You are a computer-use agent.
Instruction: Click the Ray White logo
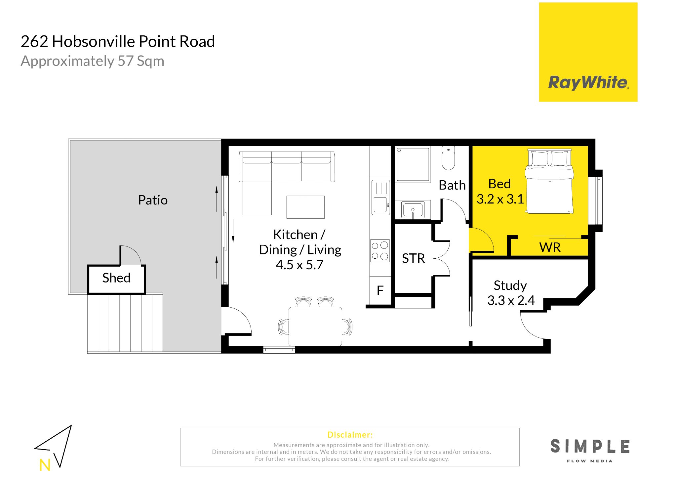tap(588, 52)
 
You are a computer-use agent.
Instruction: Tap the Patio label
tap(153, 200)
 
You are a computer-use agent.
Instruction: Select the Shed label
tap(116, 278)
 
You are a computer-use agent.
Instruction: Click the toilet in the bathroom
tap(448, 158)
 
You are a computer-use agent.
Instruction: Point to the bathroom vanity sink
tap(413, 210)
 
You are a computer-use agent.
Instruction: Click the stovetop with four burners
tap(380, 251)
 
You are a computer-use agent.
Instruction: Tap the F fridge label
tap(380, 290)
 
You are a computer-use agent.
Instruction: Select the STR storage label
tap(413, 258)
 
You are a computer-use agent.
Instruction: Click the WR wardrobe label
tap(550, 247)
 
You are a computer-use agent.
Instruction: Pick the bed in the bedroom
tap(549, 181)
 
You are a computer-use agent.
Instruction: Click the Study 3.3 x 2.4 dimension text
tap(511, 293)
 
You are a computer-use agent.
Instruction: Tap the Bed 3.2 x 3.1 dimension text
tap(500, 192)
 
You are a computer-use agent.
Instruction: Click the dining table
tap(315, 327)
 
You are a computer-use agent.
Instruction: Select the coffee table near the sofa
tap(305, 207)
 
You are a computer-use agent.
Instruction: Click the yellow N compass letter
tap(45, 465)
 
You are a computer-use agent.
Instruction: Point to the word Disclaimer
tap(350, 435)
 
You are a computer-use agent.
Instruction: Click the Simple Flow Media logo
tap(590, 450)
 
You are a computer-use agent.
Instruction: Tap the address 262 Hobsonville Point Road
tap(118, 42)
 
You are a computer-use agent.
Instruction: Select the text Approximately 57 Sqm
tap(93, 61)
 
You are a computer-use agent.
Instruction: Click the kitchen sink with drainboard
tap(380, 197)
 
